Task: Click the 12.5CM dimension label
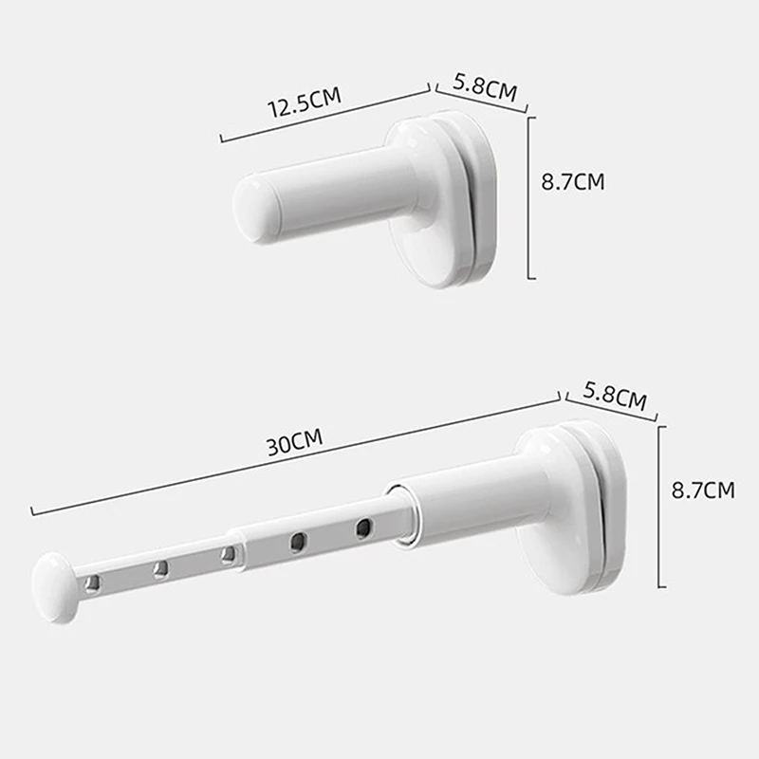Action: [x=304, y=103]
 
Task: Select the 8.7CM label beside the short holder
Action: [x=572, y=182]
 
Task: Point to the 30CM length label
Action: [x=294, y=442]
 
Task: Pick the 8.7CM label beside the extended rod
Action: [x=702, y=491]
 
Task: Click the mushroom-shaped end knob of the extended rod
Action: [x=56, y=587]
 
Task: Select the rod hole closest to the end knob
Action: [x=92, y=583]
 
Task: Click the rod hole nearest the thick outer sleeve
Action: [x=363, y=528]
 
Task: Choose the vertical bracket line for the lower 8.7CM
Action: [x=663, y=506]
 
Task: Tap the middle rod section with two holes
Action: [x=323, y=538]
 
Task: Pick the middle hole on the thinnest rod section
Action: [x=160, y=568]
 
